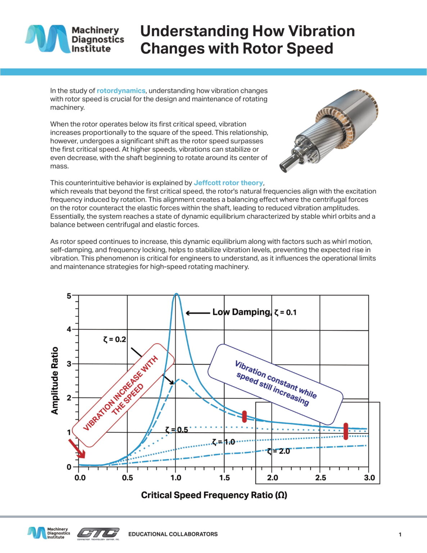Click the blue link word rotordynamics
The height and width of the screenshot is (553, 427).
click(x=121, y=91)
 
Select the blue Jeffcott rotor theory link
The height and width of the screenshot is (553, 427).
click(x=228, y=183)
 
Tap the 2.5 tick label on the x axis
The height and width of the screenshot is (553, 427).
click(x=320, y=478)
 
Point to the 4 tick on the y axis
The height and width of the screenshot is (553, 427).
click(x=69, y=329)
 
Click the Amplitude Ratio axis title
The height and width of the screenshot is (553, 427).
click(x=55, y=381)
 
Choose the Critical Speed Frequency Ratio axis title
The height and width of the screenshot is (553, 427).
click(x=214, y=495)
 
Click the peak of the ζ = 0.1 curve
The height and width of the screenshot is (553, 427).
click(x=176, y=294)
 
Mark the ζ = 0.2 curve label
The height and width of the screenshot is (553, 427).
click(x=114, y=339)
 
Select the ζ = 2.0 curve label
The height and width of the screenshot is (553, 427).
click(x=278, y=451)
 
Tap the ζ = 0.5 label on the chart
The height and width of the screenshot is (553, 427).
click(x=177, y=430)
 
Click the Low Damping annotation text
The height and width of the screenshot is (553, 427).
click(x=241, y=312)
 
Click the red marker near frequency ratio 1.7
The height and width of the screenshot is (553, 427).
click(x=245, y=416)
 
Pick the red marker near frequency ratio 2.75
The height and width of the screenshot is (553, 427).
click(x=346, y=431)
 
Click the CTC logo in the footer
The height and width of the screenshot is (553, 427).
click(x=98, y=533)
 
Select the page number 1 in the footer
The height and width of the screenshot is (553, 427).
click(x=400, y=535)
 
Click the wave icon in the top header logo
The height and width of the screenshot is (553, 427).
click(x=47, y=39)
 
